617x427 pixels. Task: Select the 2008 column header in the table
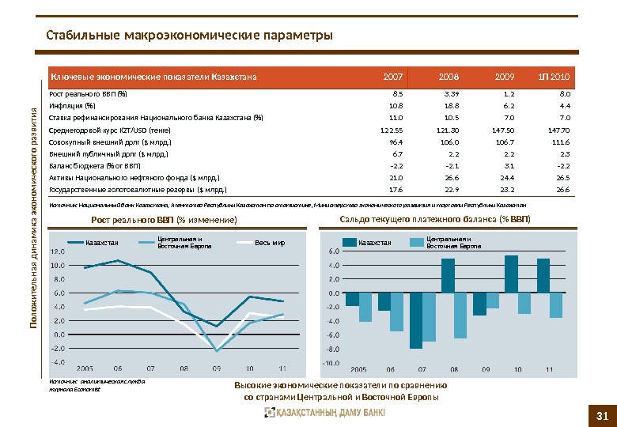(x=449, y=77)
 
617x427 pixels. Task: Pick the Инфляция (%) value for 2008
(x=452, y=104)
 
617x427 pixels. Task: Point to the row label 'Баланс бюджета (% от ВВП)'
(x=95, y=166)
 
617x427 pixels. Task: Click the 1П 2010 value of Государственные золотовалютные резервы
(x=562, y=190)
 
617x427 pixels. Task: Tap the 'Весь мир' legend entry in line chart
(x=269, y=242)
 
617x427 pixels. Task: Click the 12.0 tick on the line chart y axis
(x=57, y=251)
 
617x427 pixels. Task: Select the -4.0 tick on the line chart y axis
(x=57, y=362)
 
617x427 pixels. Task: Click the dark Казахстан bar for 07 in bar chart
(x=416, y=319)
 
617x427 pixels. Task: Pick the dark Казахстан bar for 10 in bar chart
(x=511, y=274)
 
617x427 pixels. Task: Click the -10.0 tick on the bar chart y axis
(x=329, y=363)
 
